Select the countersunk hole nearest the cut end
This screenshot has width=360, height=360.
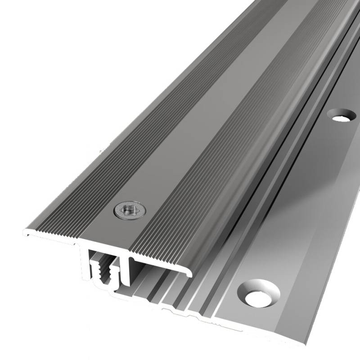[258, 292]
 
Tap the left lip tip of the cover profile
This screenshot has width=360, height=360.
[25, 233]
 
